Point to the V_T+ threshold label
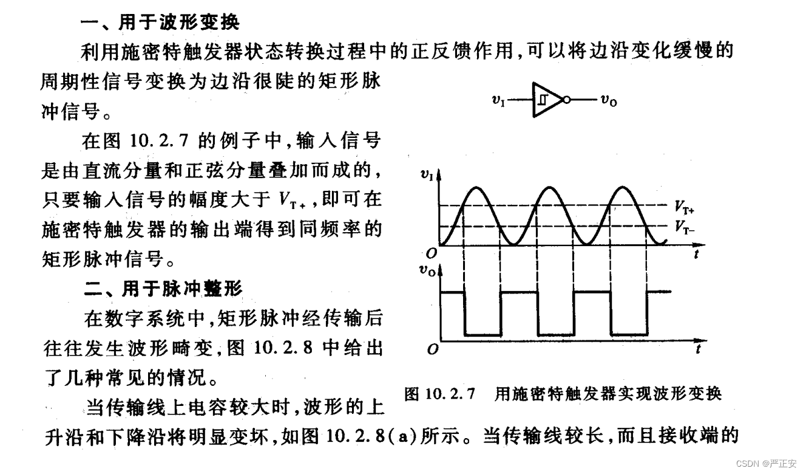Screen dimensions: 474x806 tap(684, 207)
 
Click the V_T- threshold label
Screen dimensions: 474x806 tap(684, 227)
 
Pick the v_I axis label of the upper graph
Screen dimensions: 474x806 tap(427, 176)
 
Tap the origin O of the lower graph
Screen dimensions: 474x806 tap(432, 351)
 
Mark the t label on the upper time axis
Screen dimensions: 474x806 tap(696, 255)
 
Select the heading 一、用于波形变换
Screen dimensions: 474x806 tap(160, 23)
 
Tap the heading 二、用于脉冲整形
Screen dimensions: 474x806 tap(163, 288)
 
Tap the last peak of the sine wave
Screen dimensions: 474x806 tap(623, 187)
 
